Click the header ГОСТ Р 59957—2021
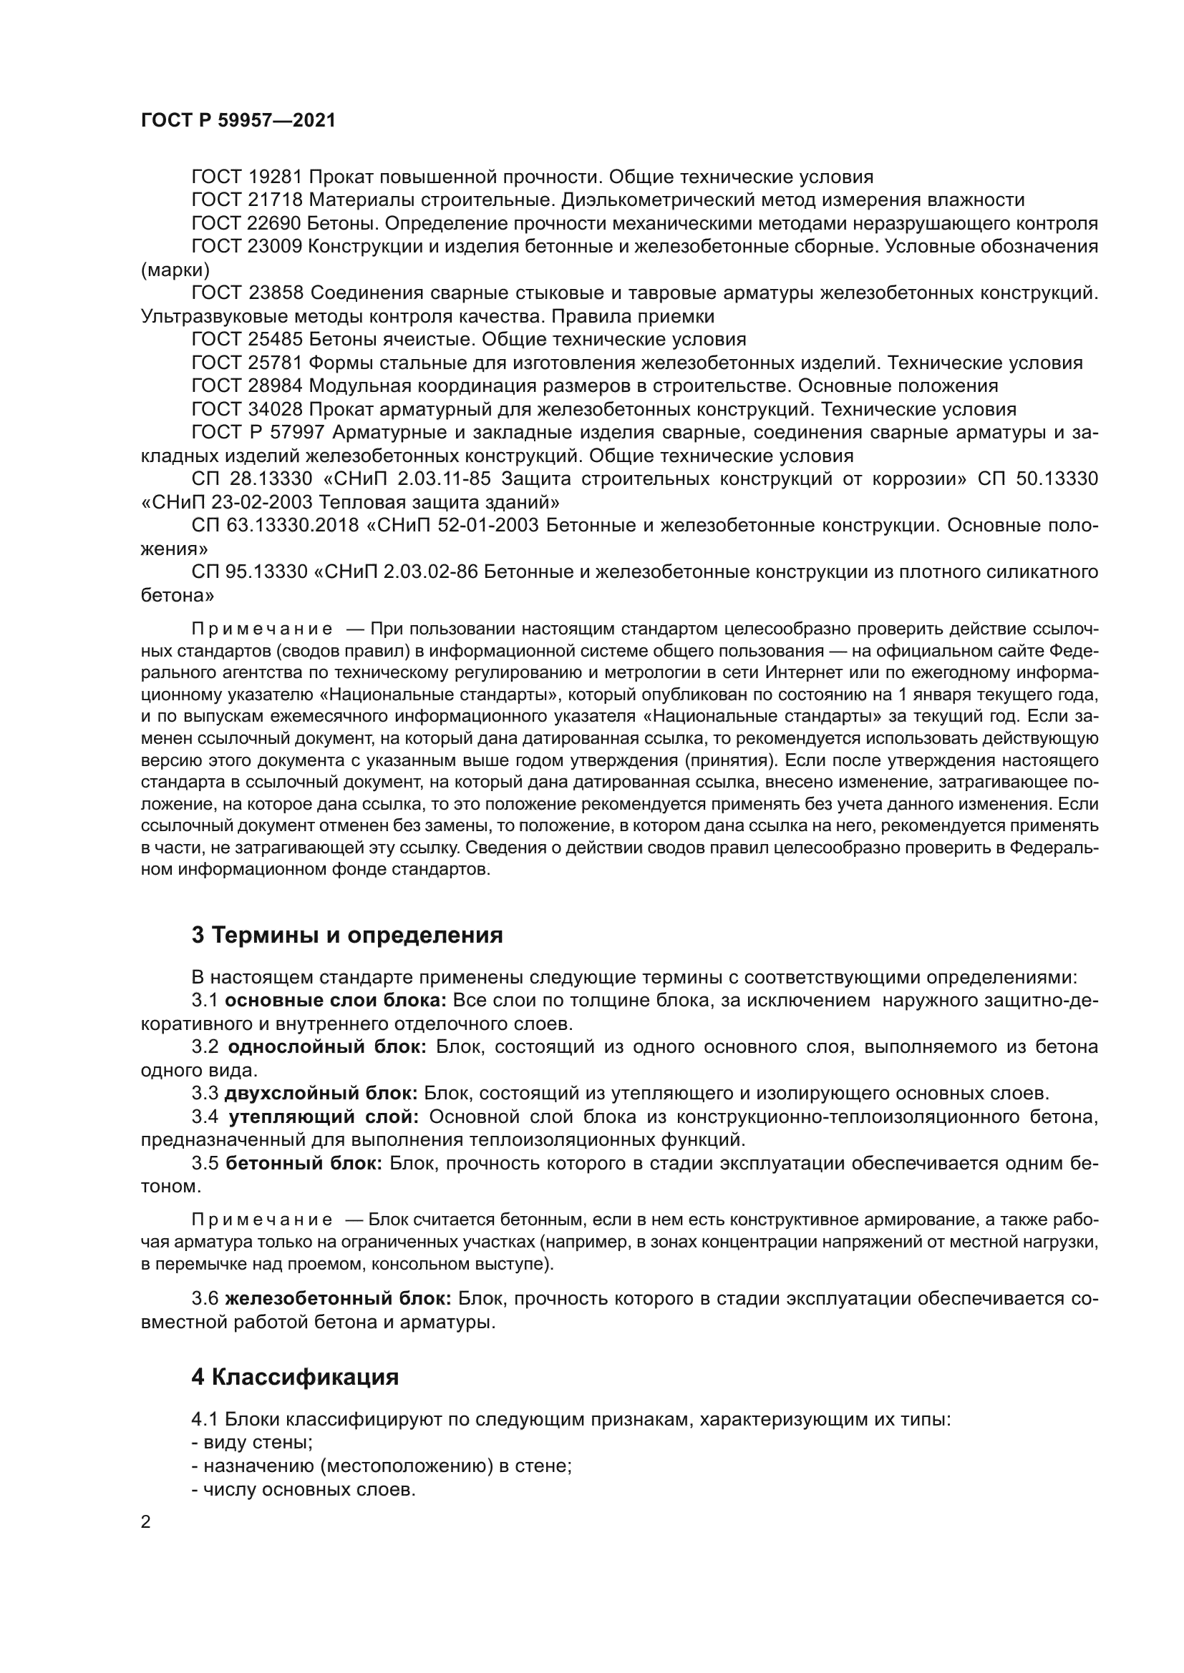238,121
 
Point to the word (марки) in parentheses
175,270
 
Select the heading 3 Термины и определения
347,936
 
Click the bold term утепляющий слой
324,1117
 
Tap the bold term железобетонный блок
339,1299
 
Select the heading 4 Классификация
295,1378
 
